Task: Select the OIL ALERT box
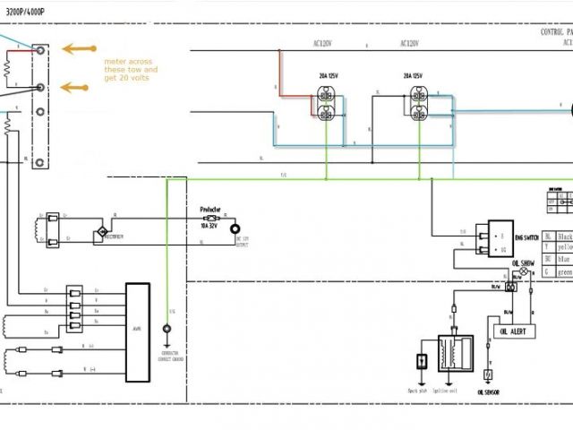point(513,331)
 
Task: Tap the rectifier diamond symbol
point(101,234)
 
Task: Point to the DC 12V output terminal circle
point(236,229)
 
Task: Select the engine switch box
point(495,237)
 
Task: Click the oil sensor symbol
point(489,374)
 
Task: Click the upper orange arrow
point(79,49)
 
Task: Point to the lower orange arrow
point(79,88)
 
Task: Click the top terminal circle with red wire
point(38,52)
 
